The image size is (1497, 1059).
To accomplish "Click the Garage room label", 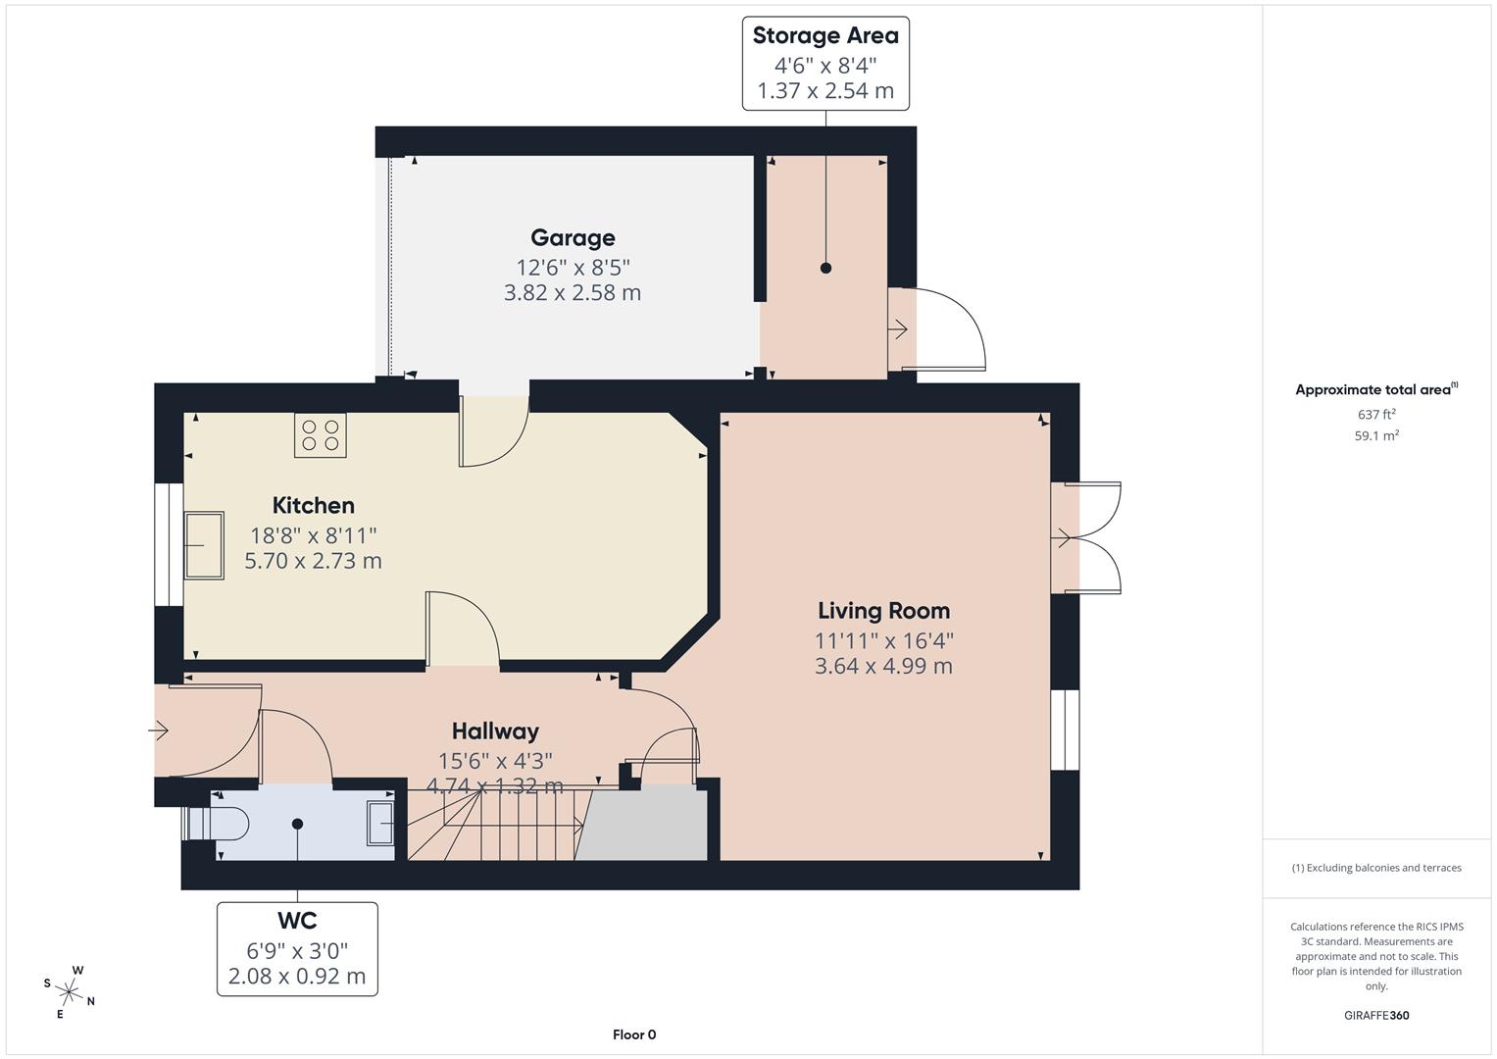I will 573,238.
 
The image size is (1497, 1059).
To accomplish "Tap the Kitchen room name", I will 313,506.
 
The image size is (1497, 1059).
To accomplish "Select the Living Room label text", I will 883,611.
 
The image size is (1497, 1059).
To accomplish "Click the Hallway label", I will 495,731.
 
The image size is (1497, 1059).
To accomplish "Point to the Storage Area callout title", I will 824,36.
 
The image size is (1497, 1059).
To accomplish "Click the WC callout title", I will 296,921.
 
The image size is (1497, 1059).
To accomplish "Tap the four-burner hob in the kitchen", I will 321,434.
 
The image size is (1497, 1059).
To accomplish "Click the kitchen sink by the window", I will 204,545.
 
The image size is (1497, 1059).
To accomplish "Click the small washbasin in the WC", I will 380,823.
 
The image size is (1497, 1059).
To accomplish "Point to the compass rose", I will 69,990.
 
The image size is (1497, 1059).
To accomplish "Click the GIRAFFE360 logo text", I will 1376,1016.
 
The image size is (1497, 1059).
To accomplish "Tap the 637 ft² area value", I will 1376,415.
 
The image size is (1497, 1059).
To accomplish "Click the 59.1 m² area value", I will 1376,436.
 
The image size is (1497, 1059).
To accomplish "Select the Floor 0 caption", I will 633,1034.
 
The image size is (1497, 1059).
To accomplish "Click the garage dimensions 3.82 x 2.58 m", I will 573,293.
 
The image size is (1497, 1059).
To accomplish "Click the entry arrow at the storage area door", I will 898,330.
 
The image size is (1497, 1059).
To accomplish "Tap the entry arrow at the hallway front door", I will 159,730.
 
